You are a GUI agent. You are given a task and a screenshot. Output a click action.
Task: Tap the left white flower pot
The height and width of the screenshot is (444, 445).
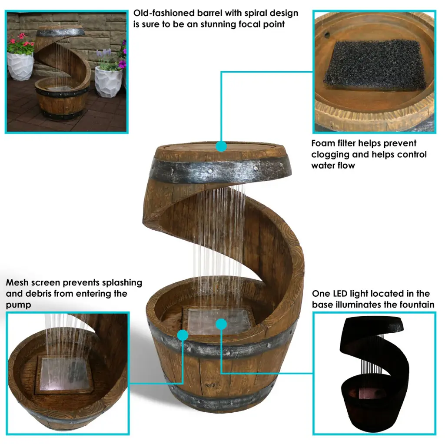pyautogui.click(x=20, y=66)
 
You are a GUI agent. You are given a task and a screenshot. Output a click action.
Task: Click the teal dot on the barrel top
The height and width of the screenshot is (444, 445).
pyautogui.click(x=221, y=146)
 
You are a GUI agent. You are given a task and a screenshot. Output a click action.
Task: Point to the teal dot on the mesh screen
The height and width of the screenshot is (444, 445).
pyautogui.click(x=221, y=324)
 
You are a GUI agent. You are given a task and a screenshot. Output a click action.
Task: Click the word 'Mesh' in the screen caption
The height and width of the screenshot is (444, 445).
pyautogui.click(x=17, y=282)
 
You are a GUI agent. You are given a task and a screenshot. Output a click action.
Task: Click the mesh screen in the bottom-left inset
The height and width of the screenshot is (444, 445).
pyautogui.click(x=64, y=374)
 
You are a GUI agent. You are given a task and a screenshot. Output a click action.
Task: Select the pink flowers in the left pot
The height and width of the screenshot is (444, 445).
pyautogui.click(x=20, y=43)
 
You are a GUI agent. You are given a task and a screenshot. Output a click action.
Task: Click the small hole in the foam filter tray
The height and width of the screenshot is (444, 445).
pyautogui.click(x=328, y=35)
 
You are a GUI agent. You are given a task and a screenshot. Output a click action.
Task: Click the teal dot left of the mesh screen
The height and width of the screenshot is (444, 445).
pyautogui.click(x=183, y=335)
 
